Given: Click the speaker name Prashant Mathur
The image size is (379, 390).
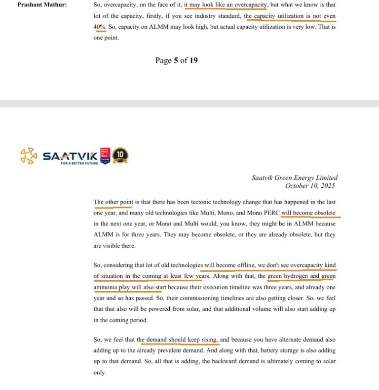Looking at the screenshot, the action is coord(38,4).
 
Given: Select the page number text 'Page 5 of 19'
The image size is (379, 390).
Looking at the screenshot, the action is coord(176,60).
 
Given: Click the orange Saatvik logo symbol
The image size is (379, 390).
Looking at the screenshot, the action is coord(29,156).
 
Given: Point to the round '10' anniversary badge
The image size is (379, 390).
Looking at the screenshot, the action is coord(120,156).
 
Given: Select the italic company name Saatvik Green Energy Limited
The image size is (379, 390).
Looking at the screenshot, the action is coord(295,178).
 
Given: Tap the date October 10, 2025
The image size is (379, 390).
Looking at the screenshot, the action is coord(310,186).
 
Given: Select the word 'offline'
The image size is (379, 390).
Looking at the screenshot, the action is coord(241,265).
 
